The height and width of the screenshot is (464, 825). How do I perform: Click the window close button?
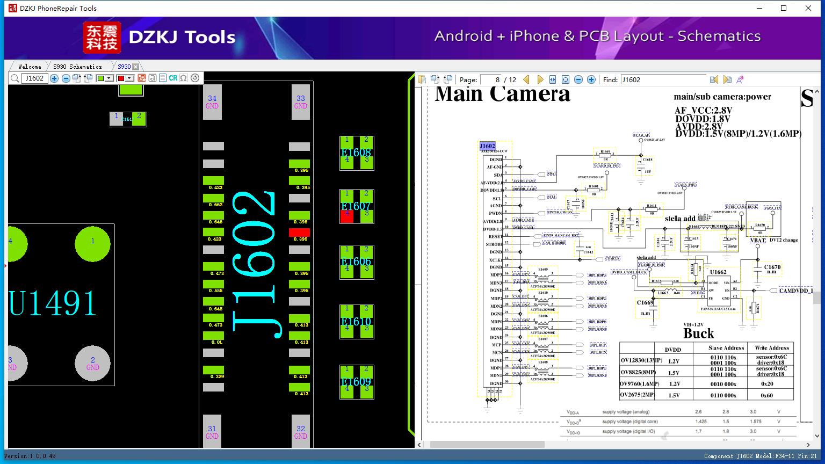[808, 8]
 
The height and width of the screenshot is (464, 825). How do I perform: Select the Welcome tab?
[30, 67]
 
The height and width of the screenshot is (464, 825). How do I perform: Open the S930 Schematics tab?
[77, 67]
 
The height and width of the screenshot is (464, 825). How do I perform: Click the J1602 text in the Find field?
[631, 80]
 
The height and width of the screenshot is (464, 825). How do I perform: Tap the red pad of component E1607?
[347, 216]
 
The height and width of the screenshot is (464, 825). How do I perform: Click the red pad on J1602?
[299, 233]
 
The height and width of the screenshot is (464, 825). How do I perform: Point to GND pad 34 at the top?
[212, 102]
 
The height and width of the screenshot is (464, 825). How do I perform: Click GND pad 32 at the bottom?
[301, 432]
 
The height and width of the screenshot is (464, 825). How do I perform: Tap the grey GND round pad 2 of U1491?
[92, 364]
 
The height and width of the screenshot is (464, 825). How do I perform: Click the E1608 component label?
[357, 153]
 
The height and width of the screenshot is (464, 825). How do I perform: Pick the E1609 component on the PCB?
[357, 382]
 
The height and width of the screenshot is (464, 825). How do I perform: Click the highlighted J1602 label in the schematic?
[487, 146]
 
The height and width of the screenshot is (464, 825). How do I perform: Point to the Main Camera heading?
[502, 95]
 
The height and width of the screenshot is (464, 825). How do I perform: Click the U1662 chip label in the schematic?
[718, 272]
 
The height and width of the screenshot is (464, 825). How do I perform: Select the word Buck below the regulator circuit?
[698, 334]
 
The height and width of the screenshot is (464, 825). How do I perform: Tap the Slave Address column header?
[726, 348]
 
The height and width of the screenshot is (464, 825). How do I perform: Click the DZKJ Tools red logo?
[102, 38]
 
